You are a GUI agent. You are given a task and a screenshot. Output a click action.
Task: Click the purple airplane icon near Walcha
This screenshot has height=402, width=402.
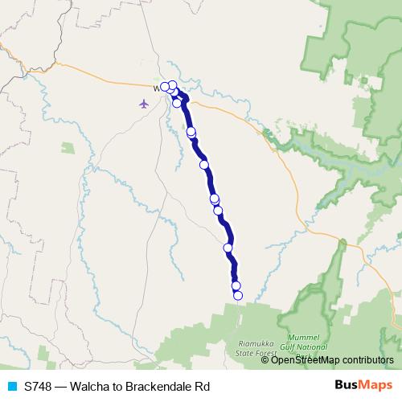[144, 104]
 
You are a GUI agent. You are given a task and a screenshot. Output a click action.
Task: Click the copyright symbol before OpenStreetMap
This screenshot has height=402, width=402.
[265, 360]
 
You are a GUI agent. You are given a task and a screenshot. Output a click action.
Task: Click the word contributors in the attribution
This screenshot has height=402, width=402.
[368, 360]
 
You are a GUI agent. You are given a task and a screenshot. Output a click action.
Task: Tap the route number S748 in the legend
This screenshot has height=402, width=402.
[39, 387]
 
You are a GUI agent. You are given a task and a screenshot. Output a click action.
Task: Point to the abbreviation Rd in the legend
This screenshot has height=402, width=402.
[202, 387]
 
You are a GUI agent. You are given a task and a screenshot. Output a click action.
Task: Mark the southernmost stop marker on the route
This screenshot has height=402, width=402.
[238, 295]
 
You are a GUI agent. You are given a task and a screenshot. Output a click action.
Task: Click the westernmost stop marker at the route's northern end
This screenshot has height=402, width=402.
[165, 86]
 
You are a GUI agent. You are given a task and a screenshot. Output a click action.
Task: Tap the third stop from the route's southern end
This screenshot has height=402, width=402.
[228, 248]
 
